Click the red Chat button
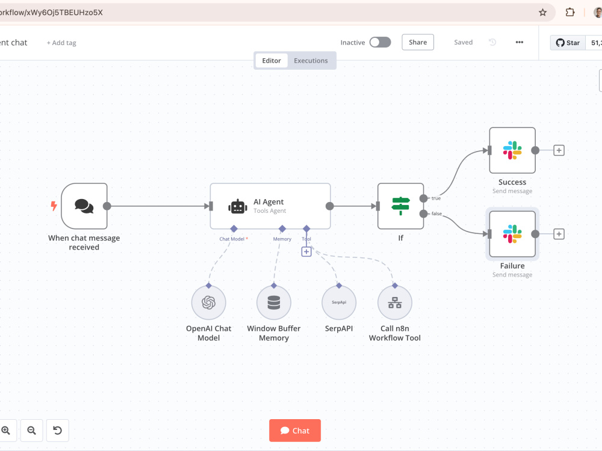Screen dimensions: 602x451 pyautogui.click(x=295, y=431)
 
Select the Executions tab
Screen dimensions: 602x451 pyautogui.click(x=311, y=61)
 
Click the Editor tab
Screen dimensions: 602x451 pyautogui.click(x=272, y=61)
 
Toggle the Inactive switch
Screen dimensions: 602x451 pyautogui.click(x=380, y=42)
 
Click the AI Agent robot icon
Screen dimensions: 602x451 pyautogui.click(x=238, y=207)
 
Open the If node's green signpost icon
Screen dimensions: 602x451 pyautogui.click(x=400, y=206)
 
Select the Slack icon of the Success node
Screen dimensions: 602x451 pyautogui.click(x=512, y=150)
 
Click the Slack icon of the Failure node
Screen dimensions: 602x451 pyautogui.click(x=512, y=234)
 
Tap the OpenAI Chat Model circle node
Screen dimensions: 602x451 pyautogui.click(x=208, y=302)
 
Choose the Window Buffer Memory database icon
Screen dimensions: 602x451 pyautogui.click(x=274, y=302)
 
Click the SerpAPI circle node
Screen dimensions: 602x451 pyautogui.click(x=339, y=302)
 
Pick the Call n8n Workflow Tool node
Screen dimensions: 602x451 pyautogui.click(x=395, y=302)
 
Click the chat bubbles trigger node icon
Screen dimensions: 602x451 pyautogui.click(x=84, y=206)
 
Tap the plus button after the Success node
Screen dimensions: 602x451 pyautogui.click(x=559, y=150)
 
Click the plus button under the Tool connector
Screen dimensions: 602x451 pyautogui.click(x=306, y=251)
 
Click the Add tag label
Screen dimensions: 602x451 pyautogui.click(x=61, y=43)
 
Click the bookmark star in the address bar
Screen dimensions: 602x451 pyautogui.click(x=542, y=12)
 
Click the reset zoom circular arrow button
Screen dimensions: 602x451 pyautogui.click(x=58, y=431)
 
